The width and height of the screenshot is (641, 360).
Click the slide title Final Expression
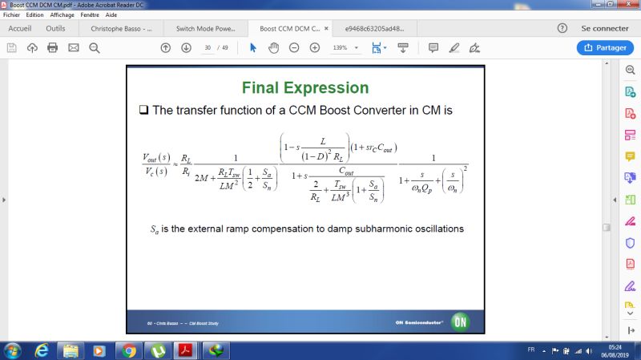click(305, 87)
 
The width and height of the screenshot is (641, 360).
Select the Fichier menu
click(12, 14)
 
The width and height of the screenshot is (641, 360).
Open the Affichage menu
click(62, 14)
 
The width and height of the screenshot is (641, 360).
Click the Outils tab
click(55, 28)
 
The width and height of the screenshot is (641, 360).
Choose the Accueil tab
click(20, 28)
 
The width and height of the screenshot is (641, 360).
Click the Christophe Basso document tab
click(121, 28)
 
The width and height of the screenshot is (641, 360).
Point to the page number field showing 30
click(208, 47)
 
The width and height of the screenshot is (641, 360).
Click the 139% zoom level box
click(341, 47)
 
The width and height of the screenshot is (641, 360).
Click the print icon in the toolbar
click(53, 47)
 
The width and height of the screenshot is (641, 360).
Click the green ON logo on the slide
click(459, 322)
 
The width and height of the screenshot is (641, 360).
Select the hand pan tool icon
click(273, 47)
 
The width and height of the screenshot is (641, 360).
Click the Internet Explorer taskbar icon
click(42, 350)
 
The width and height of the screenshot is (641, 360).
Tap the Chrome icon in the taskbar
click(128, 350)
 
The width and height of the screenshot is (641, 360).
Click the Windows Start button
click(13, 350)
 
